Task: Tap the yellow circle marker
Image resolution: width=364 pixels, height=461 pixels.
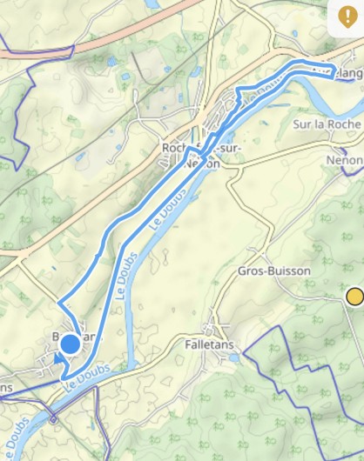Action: coord(354,297)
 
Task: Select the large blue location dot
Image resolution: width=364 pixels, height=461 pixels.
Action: coord(70,345)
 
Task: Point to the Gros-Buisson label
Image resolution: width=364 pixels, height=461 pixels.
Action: coord(273,271)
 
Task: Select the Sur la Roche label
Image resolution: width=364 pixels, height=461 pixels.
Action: coord(327,124)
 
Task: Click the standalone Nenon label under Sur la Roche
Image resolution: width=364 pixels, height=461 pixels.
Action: coord(343,161)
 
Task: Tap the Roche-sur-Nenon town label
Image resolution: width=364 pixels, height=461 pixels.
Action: coord(202,155)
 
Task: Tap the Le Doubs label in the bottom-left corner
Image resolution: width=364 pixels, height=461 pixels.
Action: coord(16,440)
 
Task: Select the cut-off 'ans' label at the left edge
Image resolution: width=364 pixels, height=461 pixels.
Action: coord(6,387)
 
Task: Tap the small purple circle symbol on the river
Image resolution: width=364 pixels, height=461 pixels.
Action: coord(54,419)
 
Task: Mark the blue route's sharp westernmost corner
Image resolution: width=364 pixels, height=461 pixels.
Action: coord(59,304)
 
